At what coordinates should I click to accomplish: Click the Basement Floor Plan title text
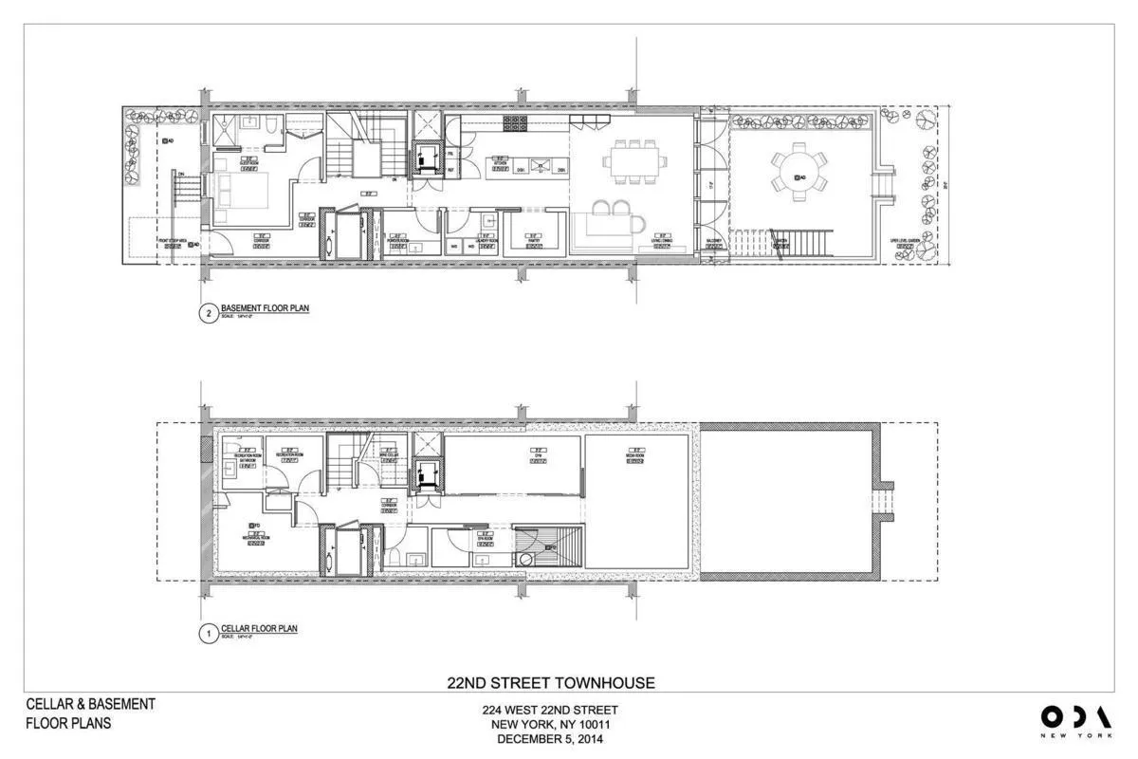[265, 307]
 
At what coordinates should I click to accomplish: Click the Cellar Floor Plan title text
[259, 628]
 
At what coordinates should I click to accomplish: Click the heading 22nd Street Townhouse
[550, 682]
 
